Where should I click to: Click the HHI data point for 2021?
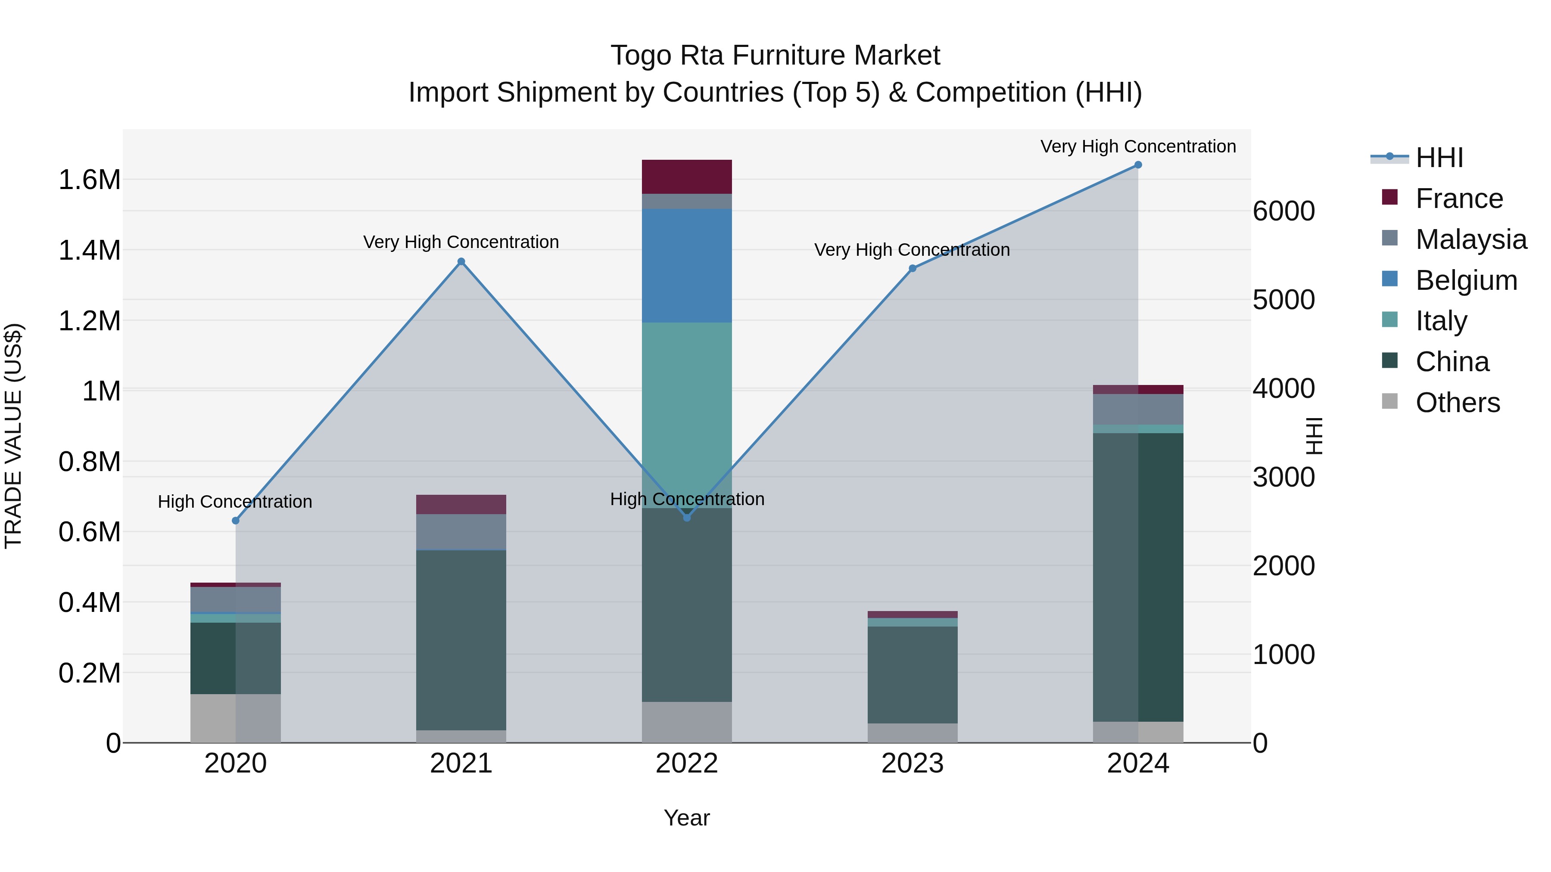[461, 262]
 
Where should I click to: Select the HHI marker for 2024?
[1138, 165]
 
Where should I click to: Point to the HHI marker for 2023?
[912, 268]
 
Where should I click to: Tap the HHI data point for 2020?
[235, 521]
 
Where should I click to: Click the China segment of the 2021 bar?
[461, 640]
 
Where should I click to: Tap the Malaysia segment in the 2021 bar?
[461, 531]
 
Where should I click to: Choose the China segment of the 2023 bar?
[912, 675]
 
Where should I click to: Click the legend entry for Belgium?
[1466, 280]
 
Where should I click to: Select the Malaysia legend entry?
[1471, 239]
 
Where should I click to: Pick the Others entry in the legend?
[1457, 403]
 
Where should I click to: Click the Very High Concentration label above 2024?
[1138, 146]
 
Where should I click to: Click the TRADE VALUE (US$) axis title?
[13, 436]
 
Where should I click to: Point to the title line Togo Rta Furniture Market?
[775, 56]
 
